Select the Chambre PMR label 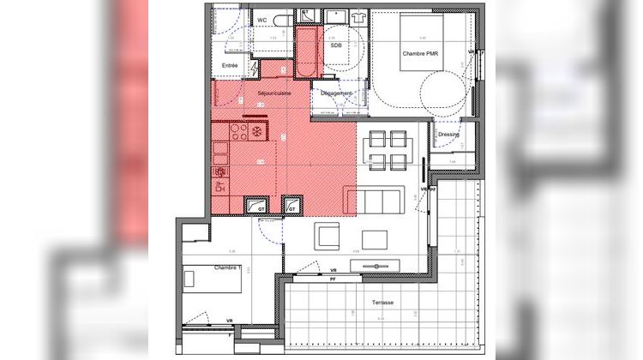point(420,53)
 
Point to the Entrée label point(230,65)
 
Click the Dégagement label point(338,93)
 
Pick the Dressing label point(448,135)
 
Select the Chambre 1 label point(226,267)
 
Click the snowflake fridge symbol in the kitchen point(257,132)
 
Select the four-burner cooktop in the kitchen point(237,132)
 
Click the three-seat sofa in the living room point(377,201)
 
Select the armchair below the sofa point(327,235)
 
